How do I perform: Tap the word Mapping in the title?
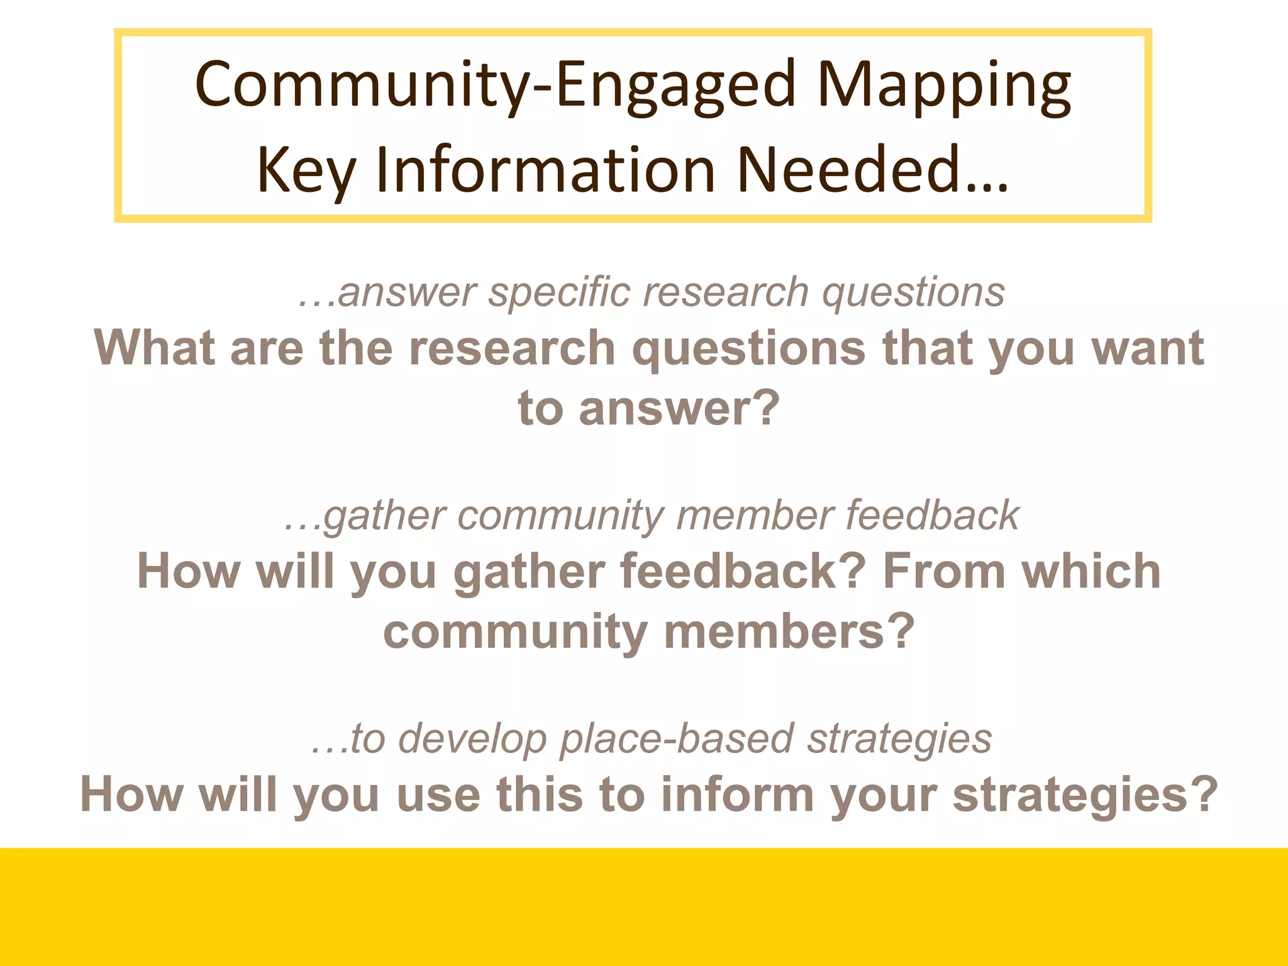pyautogui.click(x=943, y=85)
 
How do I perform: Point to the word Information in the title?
pyautogui.click(x=546, y=170)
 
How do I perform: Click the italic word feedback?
pyautogui.click(x=932, y=516)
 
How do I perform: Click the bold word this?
pyautogui.click(x=540, y=795)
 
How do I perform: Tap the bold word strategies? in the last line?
pyautogui.click(x=1085, y=795)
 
